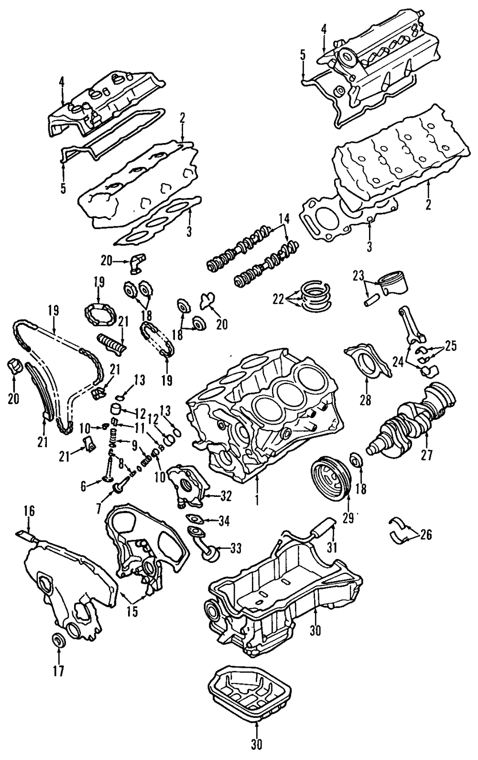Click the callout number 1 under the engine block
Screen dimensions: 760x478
(x=257, y=501)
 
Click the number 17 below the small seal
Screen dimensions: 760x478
(x=58, y=670)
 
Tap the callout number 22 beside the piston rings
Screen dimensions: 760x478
(x=278, y=299)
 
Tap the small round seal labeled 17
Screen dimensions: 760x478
(x=58, y=640)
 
